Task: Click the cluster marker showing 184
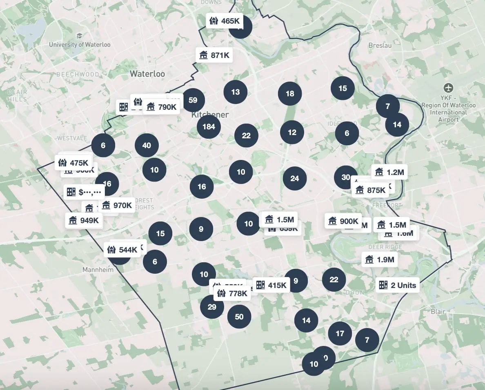click(209, 126)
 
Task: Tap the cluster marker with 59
click(193, 100)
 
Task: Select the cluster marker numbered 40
click(147, 145)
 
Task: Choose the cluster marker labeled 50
click(239, 317)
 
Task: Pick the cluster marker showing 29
click(212, 307)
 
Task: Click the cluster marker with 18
click(290, 94)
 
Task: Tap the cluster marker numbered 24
click(295, 178)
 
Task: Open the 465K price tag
click(225, 21)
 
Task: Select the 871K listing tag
click(214, 55)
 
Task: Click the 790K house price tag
click(162, 107)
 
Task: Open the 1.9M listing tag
click(380, 259)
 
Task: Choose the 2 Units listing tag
click(397, 285)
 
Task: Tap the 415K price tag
click(271, 285)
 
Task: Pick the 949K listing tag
click(84, 220)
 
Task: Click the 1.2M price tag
click(389, 172)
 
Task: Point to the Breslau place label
click(380, 45)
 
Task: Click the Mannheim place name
click(98, 270)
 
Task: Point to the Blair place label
click(438, 311)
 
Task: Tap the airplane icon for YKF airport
click(449, 88)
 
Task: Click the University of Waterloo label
click(80, 44)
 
